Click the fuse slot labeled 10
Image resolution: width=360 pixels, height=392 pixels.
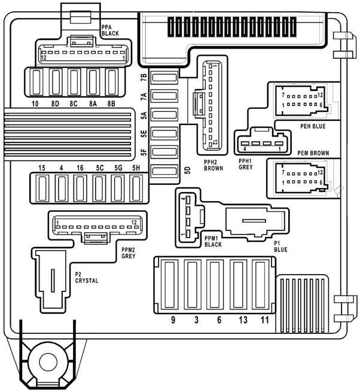click(36, 82)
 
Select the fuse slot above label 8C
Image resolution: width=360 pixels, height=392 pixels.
click(74, 82)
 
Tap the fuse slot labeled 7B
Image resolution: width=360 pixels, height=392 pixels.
click(164, 77)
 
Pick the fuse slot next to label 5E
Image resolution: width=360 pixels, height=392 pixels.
click(164, 133)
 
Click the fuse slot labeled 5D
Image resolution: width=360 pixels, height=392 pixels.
click(164, 171)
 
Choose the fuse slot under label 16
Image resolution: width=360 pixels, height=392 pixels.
click(80, 189)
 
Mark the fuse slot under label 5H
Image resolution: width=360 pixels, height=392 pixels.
click(136, 189)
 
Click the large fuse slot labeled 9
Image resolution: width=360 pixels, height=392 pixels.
click(170, 285)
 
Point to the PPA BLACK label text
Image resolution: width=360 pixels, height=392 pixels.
click(110, 31)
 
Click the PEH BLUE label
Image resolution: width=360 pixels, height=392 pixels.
click(313, 126)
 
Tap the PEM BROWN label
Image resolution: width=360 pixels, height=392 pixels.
click(313, 153)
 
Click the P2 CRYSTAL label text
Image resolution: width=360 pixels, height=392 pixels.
click(87, 278)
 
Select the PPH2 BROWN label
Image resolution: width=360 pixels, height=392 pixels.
click(213, 165)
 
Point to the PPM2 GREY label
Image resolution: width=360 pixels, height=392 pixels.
click(129, 253)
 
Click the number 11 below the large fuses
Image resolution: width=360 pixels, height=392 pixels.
click(264, 320)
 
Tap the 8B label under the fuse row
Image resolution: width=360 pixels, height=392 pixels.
click(111, 104)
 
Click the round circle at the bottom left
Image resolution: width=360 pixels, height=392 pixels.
click(48, 362)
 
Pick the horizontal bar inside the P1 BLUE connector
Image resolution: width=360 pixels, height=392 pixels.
click(254, 221)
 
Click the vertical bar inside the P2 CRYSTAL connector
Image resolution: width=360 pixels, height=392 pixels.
click(53, 280)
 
